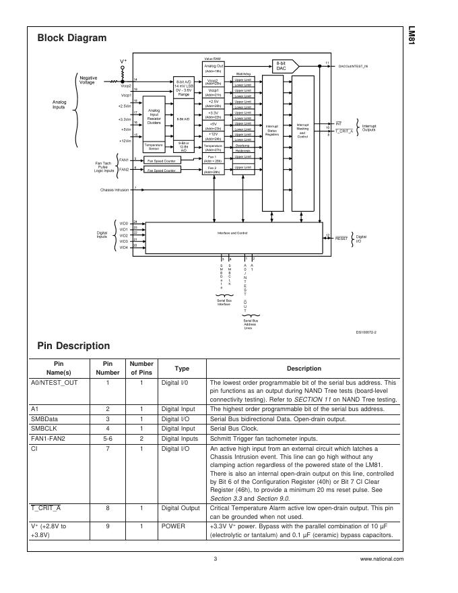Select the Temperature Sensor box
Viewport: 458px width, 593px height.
(154, 146)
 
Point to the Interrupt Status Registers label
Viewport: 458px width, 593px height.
(272, 130)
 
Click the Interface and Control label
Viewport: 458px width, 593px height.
(232, 232)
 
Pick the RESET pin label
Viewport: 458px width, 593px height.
(341, 238)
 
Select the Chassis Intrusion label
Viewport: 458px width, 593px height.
(115, 189)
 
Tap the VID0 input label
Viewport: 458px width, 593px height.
(123, 222)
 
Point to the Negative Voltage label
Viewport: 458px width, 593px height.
(88, 80)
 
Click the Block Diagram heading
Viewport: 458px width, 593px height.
(71, 38)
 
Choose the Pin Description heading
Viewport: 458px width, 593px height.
(73, 346)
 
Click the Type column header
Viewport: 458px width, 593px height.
(182, 369)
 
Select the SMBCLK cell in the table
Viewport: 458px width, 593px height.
(43, 427)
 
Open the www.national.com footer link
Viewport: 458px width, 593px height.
(382, 559)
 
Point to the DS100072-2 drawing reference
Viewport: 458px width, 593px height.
(366, 332)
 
